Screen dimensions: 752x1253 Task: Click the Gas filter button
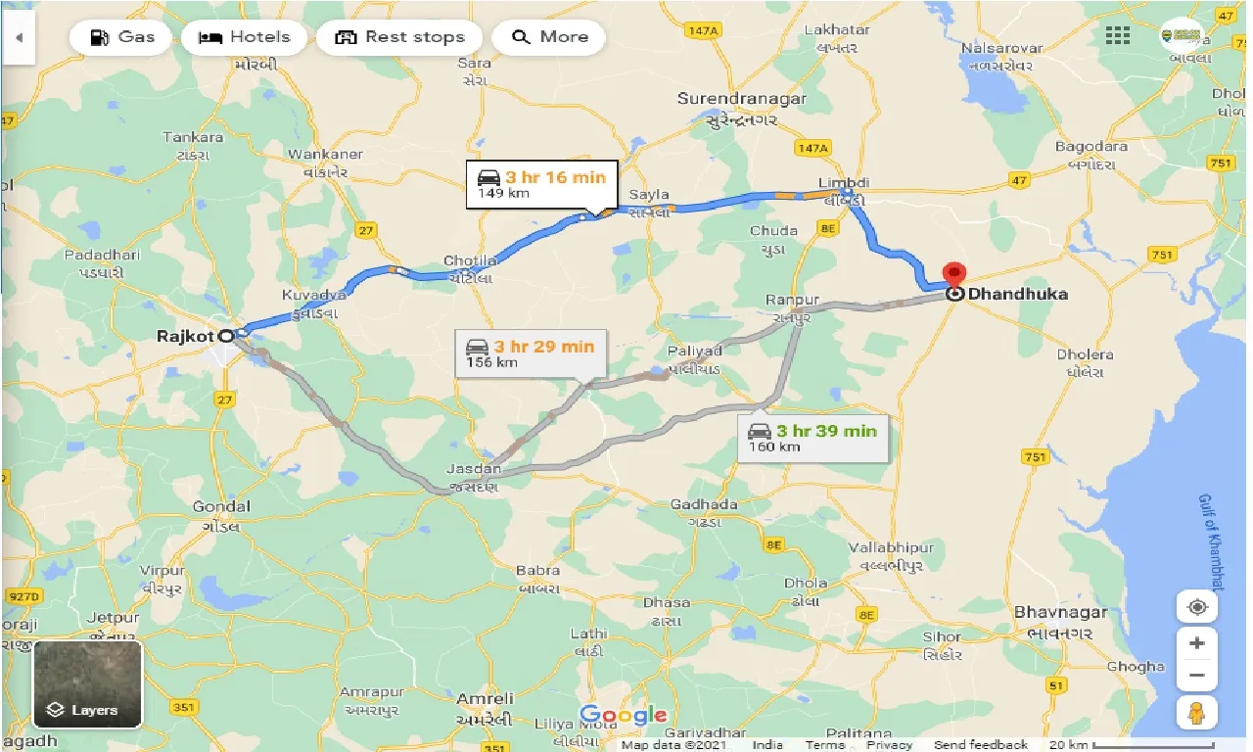[x=121, y=37]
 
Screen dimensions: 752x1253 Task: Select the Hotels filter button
[x=245, y=37]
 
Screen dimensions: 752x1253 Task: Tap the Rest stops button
[x=400, y=37]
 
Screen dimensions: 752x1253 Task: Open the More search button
[x=549, y=37]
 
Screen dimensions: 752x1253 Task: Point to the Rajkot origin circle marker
[x=226, y=336]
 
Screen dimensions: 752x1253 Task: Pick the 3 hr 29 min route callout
[x=530, y=352]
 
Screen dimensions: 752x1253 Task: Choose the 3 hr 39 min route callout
[x=812, y=437]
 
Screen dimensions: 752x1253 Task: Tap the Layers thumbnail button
[x=88, y=683]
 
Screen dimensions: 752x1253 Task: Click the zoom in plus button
[x=1196, y=643]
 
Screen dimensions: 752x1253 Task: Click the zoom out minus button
[x=1196, y=675]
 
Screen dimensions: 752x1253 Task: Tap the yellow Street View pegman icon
[x=1196, y=714]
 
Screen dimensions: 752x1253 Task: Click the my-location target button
[x=1196, y=607]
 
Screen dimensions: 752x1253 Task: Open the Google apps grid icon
[x=1118, y=36]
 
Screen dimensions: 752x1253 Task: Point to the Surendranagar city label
[x=742, y=99]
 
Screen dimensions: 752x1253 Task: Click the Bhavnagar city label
[x=1061, y=612]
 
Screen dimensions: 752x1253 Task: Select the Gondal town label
[x=220, y=506]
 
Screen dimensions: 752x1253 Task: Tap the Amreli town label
[x=485, y=698]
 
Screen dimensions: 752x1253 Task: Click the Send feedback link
[x=980, y=745]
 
